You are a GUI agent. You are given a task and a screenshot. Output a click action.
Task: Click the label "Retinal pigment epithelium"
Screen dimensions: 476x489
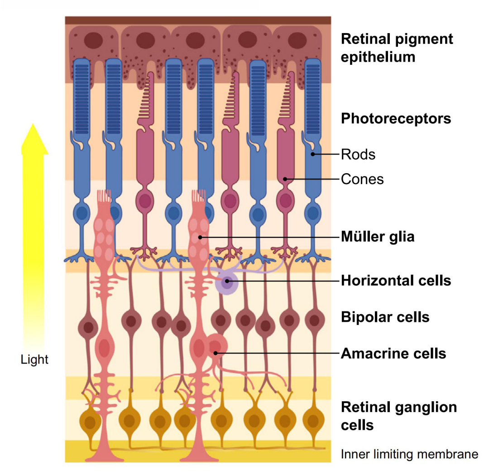(397, 48)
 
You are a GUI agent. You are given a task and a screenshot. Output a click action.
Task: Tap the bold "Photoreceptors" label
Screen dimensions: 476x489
(396, 118)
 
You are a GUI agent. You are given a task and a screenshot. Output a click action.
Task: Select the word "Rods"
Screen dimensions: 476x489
(358, 155)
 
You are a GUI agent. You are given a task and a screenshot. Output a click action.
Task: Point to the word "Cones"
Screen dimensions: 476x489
(362, 179)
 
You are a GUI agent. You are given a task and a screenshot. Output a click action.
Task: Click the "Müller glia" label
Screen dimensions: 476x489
(378, 237)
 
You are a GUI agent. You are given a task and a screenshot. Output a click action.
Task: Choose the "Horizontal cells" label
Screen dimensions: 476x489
(396, 281)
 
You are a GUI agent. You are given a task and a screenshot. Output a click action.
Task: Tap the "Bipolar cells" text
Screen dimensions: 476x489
(385, 317)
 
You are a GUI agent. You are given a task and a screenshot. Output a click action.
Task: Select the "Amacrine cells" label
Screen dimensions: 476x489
(393, 353)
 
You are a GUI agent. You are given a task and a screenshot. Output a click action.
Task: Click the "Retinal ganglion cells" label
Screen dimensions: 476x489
(398, 416)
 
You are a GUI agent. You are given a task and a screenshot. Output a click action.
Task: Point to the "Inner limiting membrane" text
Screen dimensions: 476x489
(409, 454)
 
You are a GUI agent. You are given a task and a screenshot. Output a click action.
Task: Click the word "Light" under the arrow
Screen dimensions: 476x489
(34, 360)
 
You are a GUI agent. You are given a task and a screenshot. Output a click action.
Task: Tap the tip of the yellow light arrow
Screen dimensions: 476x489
(34, 125)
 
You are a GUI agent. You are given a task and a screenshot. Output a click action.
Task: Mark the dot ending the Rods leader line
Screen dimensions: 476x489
(313, 155)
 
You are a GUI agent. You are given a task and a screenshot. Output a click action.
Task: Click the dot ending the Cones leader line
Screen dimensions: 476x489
(285, 179)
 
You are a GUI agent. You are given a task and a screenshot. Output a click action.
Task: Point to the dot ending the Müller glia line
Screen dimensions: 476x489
(200, 237)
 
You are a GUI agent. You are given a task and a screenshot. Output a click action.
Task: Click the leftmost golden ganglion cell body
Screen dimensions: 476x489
(90, 422)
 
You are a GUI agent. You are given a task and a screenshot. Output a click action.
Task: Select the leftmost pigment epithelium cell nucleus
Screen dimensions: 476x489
(95, 40)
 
